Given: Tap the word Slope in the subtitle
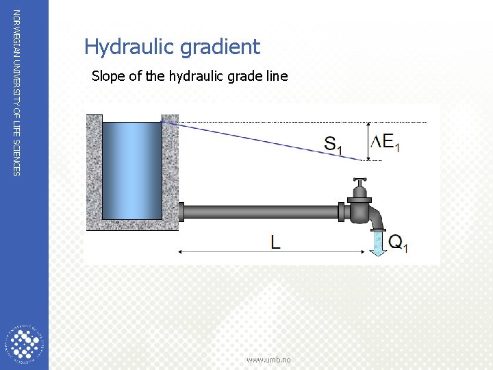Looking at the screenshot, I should tap(108, 76).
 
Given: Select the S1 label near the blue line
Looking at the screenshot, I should tap(333, 144).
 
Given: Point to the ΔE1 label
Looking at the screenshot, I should tap(386, 142).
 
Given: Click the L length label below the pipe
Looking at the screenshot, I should tap(275, 241).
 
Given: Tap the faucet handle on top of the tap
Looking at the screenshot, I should tap(359, 184).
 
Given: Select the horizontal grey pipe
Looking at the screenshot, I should tap(260, 212).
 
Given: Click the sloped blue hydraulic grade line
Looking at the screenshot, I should tap(260, 141).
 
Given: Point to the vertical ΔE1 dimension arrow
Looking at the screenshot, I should tap(370, 142).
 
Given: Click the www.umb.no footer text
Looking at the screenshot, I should tap(268, 360).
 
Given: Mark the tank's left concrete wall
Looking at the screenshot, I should tap(94, 171).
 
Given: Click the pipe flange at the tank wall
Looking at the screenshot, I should tap(181, 212).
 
